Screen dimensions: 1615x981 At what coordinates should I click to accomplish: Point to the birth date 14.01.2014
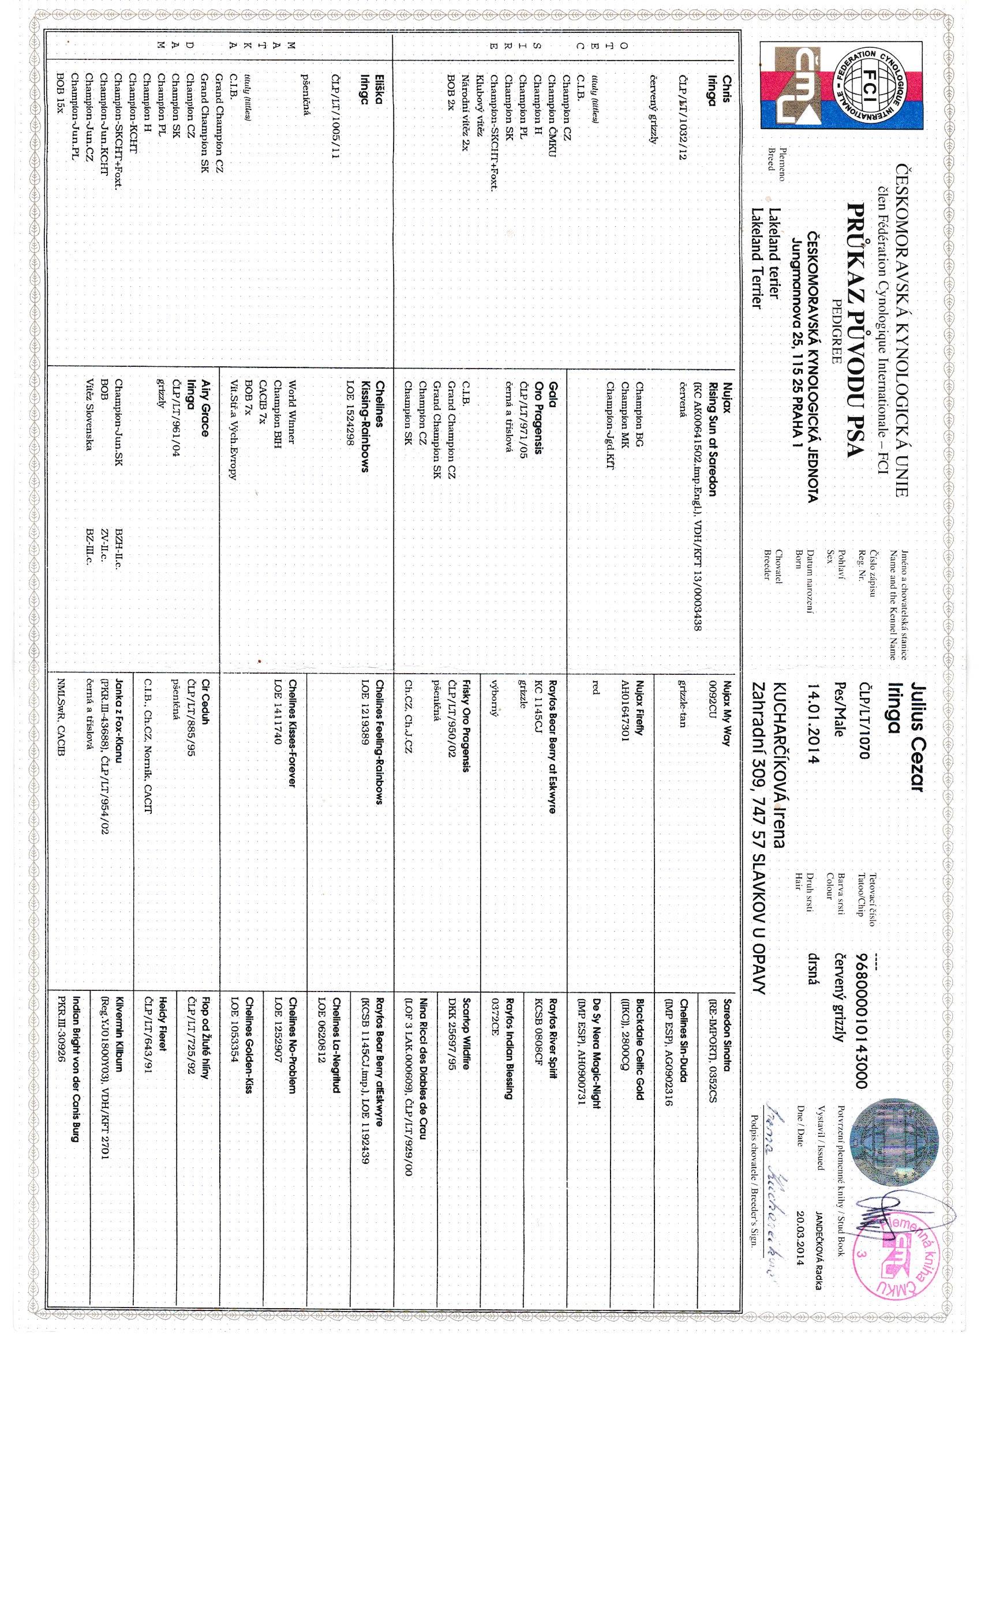pos(812,722)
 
